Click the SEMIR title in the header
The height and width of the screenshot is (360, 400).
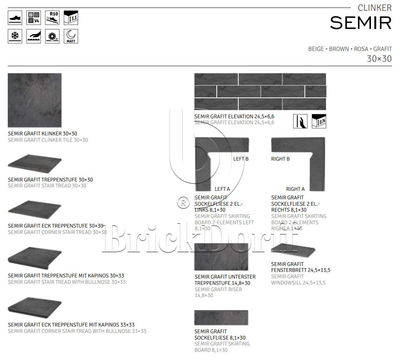(361, 23)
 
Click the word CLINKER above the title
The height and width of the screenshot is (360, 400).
(374, 8)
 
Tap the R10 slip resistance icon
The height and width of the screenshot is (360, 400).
(52, 17)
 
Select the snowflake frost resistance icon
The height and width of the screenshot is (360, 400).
(15, 36)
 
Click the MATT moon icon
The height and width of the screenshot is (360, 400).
(71, 36)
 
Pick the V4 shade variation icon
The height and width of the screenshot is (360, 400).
(33, 17)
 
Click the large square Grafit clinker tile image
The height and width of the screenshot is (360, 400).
(35, 100)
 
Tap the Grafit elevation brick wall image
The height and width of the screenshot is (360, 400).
(260, 91)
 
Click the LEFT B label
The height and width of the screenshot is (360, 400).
(241, 159)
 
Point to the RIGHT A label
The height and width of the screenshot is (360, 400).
(295, 189)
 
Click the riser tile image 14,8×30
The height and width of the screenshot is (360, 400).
(221, 257)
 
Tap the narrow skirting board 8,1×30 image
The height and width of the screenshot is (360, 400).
(221, 318)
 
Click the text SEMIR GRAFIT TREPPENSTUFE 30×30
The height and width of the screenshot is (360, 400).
(50, 180)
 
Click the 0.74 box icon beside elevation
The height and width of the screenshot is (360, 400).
(319, 121)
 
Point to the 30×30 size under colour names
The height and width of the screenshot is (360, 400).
(379, 59)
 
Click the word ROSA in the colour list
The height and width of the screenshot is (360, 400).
(361, 49)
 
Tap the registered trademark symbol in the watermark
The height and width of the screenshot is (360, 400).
(183, 203)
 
